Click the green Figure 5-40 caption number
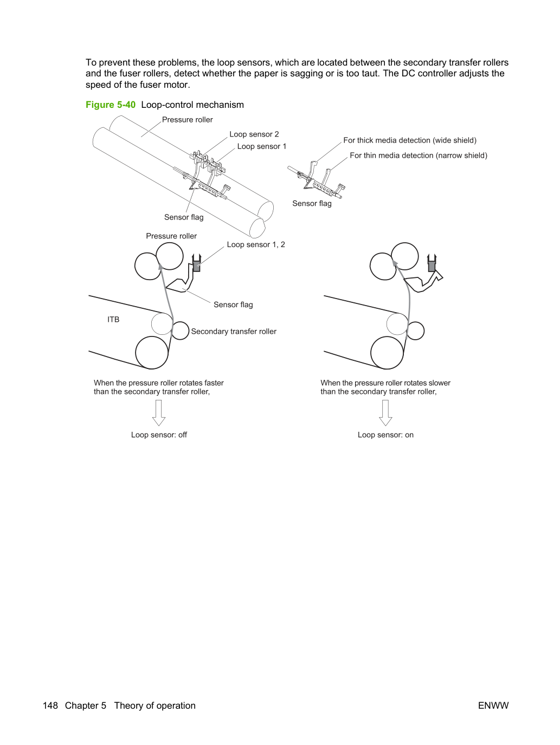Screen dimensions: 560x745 111,105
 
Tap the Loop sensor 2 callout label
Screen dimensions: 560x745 254,134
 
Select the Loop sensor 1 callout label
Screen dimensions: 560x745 261,146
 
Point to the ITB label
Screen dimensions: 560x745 113,319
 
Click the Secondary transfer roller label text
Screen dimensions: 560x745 234,331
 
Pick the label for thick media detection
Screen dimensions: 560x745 409,140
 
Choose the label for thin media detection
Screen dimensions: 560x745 419,156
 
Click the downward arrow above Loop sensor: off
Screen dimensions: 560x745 159,413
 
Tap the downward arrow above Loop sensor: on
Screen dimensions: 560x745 385,413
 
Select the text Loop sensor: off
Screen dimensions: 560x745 159,435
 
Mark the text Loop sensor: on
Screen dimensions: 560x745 385,435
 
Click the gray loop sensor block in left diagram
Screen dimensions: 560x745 196,265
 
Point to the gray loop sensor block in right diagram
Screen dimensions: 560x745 432,265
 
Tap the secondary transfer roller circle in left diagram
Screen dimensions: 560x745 180,331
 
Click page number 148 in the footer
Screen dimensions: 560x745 50,705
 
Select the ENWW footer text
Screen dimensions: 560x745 493,705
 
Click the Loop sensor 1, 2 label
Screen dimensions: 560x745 256,244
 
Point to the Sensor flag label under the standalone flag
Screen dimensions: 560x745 312,203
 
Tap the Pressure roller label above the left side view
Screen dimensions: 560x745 171,236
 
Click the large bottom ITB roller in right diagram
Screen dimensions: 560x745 387,353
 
